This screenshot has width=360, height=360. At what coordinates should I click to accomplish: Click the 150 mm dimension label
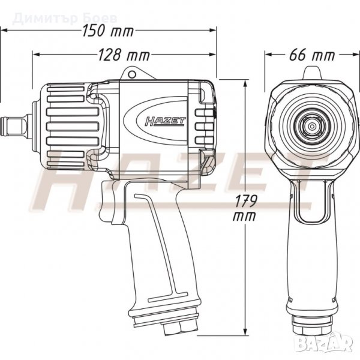point(108,31)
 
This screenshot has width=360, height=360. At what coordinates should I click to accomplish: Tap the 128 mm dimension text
point(124,55)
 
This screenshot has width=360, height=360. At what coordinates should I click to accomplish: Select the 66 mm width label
point(312,55)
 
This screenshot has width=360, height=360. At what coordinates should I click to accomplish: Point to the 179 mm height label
point(245,208)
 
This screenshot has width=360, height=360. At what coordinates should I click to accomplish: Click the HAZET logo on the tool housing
point(165,121)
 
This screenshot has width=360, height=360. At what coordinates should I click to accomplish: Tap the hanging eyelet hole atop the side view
point(132,74)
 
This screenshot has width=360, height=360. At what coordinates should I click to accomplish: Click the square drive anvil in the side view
point(16,126)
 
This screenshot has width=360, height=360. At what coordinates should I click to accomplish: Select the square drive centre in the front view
point(312,126)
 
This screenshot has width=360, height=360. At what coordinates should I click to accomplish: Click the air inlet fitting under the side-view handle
point(180,328)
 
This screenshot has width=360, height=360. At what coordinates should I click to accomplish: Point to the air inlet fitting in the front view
point(312,325)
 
